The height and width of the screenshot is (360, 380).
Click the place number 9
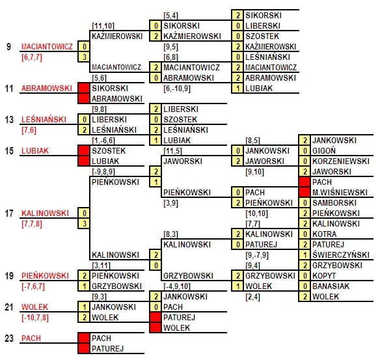coord(8,46)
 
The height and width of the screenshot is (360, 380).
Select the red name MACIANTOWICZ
coord(47,46)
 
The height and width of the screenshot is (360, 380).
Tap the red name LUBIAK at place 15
coord(35,151)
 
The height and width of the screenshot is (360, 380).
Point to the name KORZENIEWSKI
coord(341,161)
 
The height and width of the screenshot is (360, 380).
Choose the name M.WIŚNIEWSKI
coord(340,193)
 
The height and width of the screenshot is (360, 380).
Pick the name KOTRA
coord(324,234)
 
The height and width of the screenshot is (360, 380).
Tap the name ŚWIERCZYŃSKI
coord(341,255)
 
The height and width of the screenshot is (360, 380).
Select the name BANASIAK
coord(331,286)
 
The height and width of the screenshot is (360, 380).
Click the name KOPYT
coord(324,276)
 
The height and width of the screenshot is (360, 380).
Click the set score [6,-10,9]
coord(177,89)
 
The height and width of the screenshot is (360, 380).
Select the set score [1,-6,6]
coord(103,141)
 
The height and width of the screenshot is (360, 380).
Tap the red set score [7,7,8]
coord(32,224)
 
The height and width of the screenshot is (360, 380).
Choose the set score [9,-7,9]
coord(257,255)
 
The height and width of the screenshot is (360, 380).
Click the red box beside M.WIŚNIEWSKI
coord(305,193)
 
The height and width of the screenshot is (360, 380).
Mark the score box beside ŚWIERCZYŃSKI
coord(305,255)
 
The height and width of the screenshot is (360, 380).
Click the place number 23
coord(9,338)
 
